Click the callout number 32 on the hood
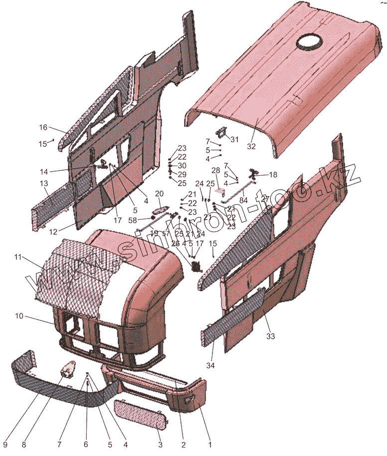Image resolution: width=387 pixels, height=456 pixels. click(251, 147)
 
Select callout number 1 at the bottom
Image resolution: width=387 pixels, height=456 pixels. click(210, 444)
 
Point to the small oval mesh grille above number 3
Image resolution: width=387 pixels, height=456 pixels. click(139, 414)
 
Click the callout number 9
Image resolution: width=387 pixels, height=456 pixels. click(4, 444)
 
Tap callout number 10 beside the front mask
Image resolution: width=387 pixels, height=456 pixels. click(19, 316)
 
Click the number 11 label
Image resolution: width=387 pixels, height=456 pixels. click(18, 257)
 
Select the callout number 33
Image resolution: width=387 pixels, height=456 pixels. click(270, 336)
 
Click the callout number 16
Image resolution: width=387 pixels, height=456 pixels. click(43, 127)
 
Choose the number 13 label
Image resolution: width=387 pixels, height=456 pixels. click(44, 184)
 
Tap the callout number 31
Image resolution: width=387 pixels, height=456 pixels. click(234, 139)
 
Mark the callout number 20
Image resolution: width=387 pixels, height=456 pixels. click(159, 194)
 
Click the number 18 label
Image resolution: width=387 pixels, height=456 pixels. click(273, 175)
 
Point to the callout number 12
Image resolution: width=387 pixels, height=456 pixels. click(53, 231)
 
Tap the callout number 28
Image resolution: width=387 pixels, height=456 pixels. click(216, 170)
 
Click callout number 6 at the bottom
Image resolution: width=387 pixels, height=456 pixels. click(85, 444)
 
